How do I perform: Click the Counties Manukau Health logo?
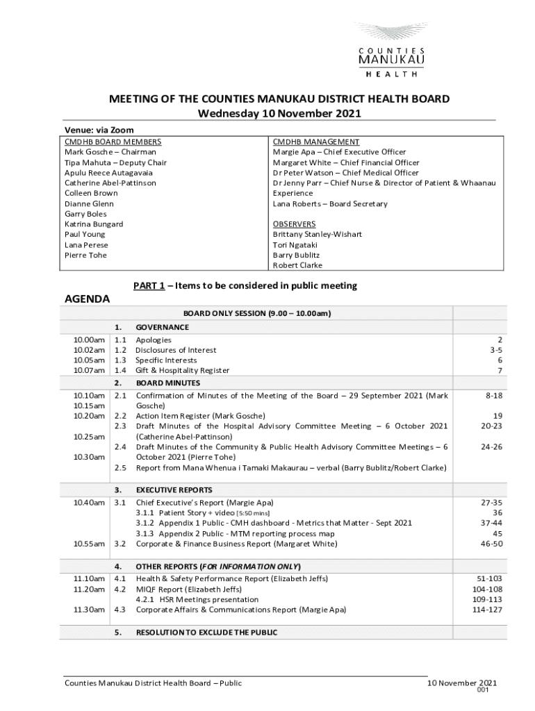click(391, 46)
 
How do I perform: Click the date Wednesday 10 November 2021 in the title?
click(279, 113)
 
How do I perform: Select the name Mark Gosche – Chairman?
click(110, 152)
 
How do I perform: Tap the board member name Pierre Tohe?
click(85, 255)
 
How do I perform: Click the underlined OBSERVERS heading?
click(294, 224)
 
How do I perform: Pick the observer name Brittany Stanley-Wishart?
click(317, 235)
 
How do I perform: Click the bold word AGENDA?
click(87, 299)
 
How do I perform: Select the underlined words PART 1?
click(149, 285)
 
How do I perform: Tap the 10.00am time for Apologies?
click(89, 340)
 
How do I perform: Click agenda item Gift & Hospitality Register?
click(182, 371)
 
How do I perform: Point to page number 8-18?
click(493, 395)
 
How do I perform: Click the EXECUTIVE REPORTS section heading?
click(174, 490)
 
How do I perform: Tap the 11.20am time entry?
click(89, 589)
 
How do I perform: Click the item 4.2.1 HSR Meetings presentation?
click(197, 599)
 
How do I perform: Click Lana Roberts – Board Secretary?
click(330, 204)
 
